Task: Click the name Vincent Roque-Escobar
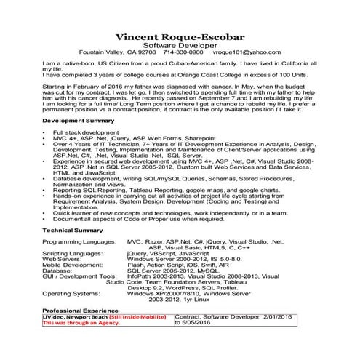point(180,36)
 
